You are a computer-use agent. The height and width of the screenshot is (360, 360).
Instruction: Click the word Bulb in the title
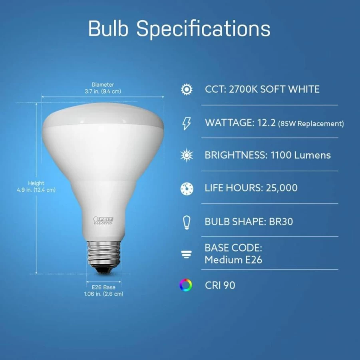click(108, 28)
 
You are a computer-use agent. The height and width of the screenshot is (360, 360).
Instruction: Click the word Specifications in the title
click(203, 30)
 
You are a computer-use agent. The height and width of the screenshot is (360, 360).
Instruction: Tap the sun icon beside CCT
click(187, 90)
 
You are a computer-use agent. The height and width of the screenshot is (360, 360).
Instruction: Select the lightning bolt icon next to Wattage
click(187, 123)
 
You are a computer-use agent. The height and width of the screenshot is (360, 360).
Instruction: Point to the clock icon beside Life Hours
click(187, 189)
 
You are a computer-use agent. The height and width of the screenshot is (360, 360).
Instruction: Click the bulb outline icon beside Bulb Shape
click(187, 222)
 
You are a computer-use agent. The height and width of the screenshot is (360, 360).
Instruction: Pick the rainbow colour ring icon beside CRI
click(185, 285)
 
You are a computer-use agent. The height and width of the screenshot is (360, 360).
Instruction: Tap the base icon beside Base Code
click(186, 255)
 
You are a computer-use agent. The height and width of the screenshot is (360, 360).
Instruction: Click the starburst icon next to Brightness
click(187, 155)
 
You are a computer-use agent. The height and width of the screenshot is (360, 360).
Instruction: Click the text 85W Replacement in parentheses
click(311, 124)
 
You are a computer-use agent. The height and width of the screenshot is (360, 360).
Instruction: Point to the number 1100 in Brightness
click(281, 155)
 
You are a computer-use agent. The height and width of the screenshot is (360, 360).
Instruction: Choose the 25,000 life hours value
click(281, 188)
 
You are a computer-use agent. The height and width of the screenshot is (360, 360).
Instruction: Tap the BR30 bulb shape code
click(281, 222)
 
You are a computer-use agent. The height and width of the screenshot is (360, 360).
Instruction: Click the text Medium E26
click(233, 260)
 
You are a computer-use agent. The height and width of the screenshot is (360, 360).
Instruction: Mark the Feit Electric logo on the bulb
click(103, 221)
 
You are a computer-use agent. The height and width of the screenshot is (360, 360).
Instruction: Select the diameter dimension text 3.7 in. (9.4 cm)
click(103, 91)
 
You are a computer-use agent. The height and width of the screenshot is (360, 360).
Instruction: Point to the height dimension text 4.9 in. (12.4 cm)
click(36, 190)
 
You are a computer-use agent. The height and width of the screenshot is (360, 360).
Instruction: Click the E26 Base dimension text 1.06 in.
click(103, 294)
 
